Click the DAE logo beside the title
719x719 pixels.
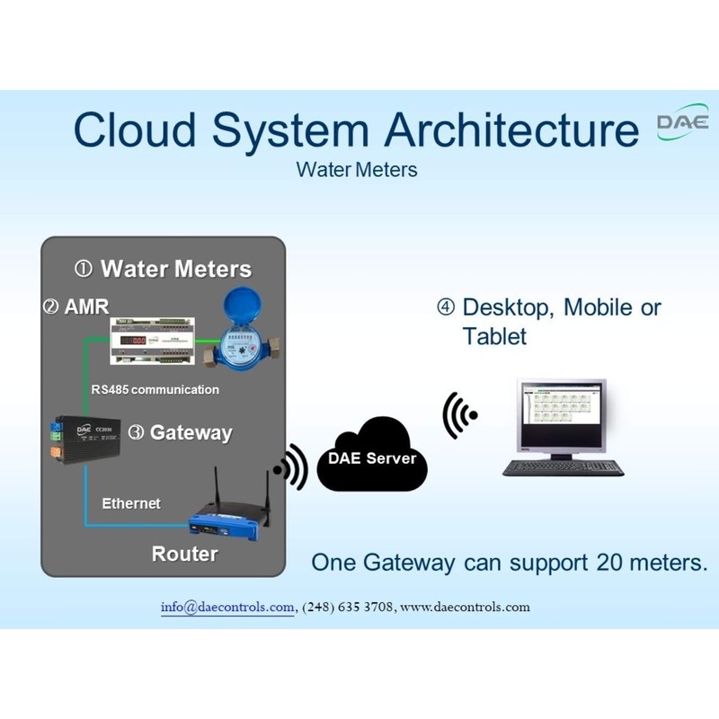pos(682,122)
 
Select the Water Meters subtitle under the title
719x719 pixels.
pos(357,169)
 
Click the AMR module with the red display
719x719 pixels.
pos(153,341)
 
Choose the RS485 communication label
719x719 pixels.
pos(155,390)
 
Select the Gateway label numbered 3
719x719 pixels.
pos(181,432)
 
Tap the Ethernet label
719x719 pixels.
pos(131,503)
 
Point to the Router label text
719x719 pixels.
pos(184,554)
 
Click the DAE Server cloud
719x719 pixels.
pos(372,459)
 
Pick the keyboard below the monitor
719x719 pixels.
pos(564,467)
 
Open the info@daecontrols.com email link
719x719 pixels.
pos(227,607)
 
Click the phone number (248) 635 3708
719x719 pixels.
pos(348,607)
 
